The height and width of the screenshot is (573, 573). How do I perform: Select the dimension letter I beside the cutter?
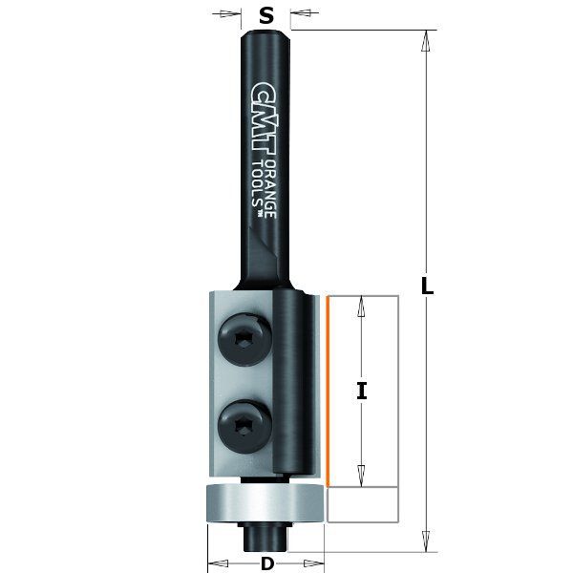pyautogui.click(x=362, y=390)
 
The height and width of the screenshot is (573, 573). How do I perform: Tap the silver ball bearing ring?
pyautogui.click(x=265, y=503)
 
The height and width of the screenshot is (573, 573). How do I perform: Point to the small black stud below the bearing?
pyautogui.click(x=259, y=535)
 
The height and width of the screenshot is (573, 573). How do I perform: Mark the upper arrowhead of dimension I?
pyautogui.click(x=361, y=304)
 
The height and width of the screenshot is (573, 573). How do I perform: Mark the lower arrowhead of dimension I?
pyautogui.click(x=361, y=477)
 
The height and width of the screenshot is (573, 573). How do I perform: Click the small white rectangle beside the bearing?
pyautogui.click(x=362, y=503)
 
